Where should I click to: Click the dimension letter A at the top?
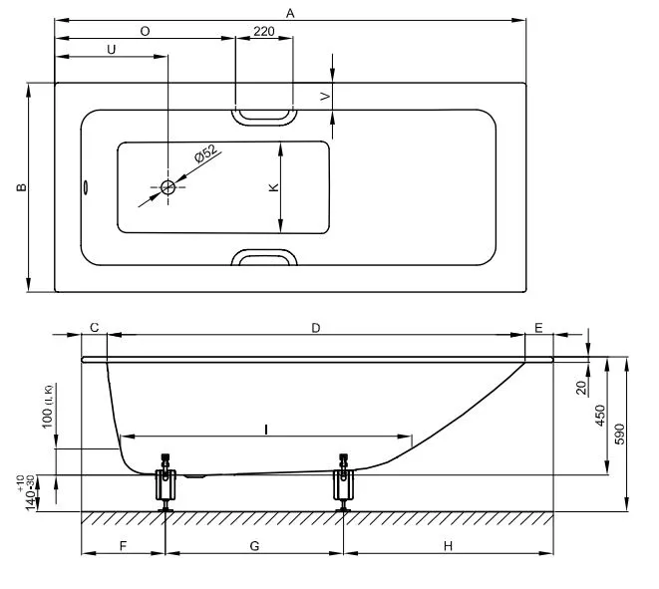pos(290,13)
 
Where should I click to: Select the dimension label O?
pos(146,31)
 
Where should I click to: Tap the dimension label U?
pos(111,49)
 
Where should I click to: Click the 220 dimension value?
pos(264,31)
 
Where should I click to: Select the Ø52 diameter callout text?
pos(204,156)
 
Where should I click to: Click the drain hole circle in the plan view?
pos(167,187)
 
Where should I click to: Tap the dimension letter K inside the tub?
pos(272,187)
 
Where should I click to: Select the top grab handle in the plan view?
pos(264,115)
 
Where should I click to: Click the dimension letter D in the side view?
pos(315,328)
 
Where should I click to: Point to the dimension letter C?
pos(94,328)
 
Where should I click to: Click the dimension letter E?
pos(538,328)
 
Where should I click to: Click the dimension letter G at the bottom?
pos(254,546)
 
